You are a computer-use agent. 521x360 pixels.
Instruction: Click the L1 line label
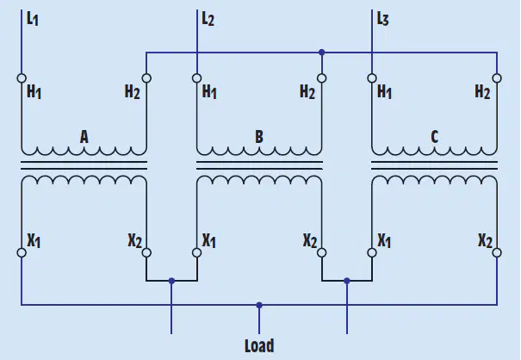33,19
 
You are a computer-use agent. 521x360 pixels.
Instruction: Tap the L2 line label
208,19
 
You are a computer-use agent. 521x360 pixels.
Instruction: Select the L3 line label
382,19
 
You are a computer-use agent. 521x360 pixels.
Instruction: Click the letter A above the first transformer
84,137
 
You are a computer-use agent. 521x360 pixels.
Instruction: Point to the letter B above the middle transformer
259,137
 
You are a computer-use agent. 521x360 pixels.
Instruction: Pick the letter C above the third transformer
434,137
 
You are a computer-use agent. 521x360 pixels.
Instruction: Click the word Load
259,345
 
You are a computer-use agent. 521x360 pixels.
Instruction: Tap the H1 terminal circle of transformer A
22,78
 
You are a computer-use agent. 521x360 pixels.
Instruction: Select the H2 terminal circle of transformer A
146,78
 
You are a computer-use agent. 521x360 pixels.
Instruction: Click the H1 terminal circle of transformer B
196,78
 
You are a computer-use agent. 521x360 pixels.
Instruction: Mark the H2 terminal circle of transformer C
497,78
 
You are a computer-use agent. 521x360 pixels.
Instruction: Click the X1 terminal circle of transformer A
22,252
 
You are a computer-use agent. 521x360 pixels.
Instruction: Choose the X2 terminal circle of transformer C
497,252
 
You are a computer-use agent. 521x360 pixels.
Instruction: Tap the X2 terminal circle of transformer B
321,252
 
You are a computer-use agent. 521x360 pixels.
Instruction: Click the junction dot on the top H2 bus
321,53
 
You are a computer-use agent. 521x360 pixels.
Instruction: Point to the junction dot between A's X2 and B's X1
171,281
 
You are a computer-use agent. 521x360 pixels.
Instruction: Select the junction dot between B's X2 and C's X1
347,281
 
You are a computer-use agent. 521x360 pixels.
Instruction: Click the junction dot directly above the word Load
259,305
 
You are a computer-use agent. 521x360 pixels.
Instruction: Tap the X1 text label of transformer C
384,240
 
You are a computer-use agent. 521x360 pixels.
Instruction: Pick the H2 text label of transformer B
307,92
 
